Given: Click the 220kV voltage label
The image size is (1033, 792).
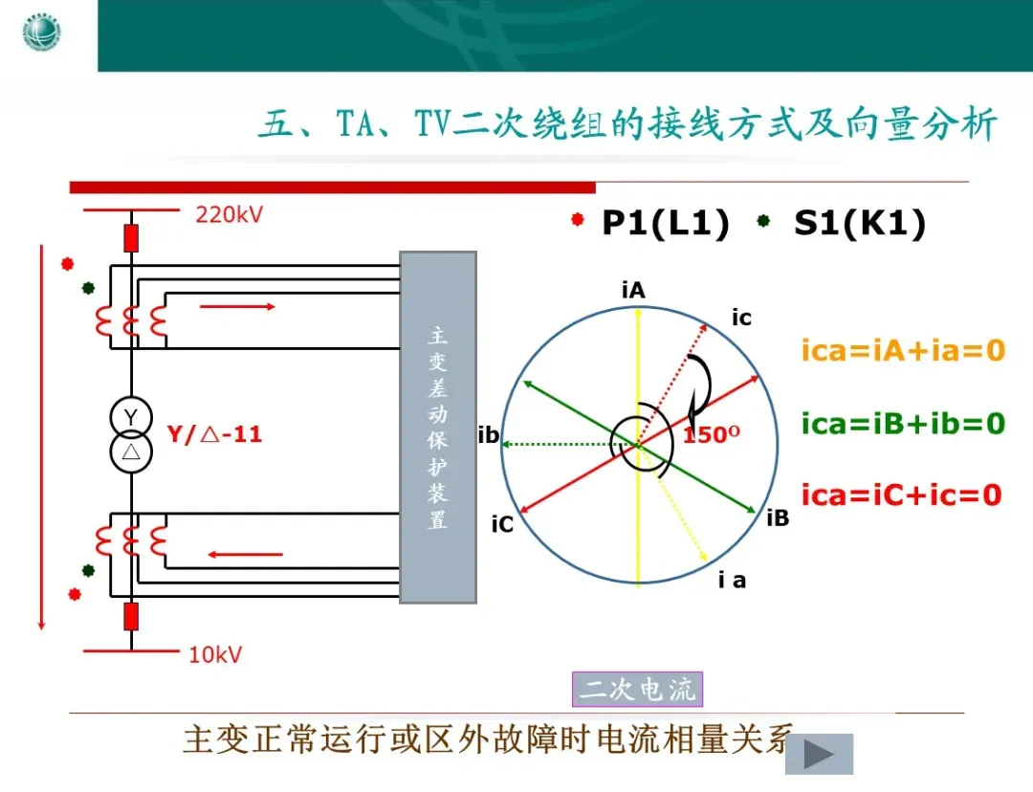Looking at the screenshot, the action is [x=230, y=214].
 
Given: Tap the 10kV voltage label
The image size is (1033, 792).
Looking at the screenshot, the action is [x=215, y=655].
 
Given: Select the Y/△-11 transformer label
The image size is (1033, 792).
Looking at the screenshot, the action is [x=214, y=434].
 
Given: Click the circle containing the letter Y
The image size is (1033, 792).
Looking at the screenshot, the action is [x=131, y=417].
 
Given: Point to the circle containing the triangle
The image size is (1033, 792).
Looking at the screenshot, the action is [x=131, y=451].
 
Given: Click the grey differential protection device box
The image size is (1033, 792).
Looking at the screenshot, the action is [x=438, y=427].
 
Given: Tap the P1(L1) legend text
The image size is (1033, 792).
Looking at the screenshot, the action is [x=666, y=223].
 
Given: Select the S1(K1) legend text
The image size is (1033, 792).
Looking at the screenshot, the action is [x=860, y=223].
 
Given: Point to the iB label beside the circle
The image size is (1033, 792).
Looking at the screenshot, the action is [x=778, y=517].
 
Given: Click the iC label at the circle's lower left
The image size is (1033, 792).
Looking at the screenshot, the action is [x=502, y=524].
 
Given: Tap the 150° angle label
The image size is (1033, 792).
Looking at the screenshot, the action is [x=712, y=435].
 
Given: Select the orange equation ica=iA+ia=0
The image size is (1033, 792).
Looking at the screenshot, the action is [x=903, y=351].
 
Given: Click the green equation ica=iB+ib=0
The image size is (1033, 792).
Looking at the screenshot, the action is [x=903, y=422].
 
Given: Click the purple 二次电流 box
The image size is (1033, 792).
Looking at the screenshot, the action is [x=637, y=689].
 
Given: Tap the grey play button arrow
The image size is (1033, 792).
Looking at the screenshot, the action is [x=819, y=755].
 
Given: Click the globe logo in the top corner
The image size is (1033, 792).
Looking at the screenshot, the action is [x=41, y=35].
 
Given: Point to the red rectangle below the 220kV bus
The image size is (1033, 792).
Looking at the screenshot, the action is [x=131, y=236].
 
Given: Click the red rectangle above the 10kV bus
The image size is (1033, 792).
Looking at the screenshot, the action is [x=131, y=616].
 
